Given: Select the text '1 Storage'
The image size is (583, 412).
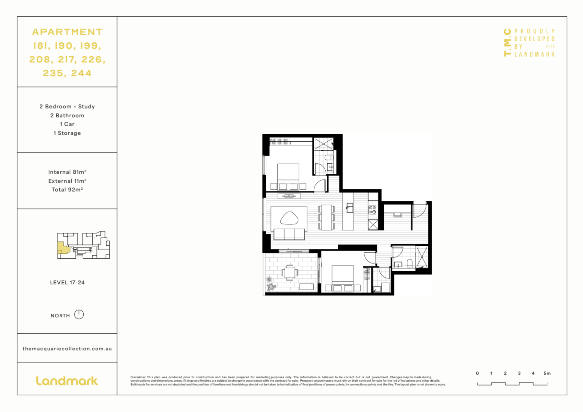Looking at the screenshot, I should [x=67, y=133].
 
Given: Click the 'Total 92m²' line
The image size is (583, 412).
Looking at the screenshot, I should [x=67, y=190].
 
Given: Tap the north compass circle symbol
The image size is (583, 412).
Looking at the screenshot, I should [x=79, y=315].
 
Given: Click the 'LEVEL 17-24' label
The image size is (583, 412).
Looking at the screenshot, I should [x=67, y=283].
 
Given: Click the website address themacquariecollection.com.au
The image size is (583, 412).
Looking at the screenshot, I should [x=67, y=349].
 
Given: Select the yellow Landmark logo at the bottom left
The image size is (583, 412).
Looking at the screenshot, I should [x=67, y=381].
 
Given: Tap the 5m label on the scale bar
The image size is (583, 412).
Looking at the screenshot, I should [x=547, y=373].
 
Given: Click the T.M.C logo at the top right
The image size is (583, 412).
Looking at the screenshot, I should [x=507, y=42].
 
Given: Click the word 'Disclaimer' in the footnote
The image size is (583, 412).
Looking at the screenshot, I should [x=137, y=377].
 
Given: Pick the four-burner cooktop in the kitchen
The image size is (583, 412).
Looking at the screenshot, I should [x=372, y=210].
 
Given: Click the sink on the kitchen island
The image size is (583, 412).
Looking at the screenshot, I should [x=350, y=208].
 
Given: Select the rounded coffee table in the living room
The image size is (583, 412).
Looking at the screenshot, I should [x=289, y=218].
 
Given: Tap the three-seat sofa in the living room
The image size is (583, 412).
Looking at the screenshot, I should [x=289, y=234].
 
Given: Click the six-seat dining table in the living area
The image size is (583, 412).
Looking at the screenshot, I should [x=326, y=217].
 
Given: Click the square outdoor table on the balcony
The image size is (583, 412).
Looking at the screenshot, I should [x=290, y=272].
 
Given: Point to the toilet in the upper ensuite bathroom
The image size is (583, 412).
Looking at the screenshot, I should [x=328, y=157].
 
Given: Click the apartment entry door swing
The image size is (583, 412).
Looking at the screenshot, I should [x=419, y=211].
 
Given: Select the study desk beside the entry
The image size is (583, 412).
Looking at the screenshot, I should [x=397, y=215].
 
